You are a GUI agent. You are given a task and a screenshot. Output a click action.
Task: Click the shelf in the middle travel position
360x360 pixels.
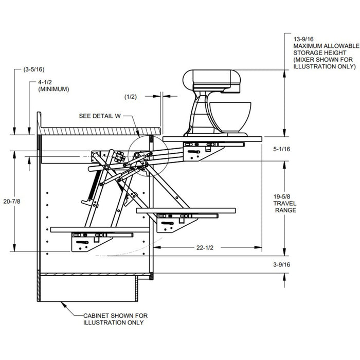pyautogui.click(x=186, y=210)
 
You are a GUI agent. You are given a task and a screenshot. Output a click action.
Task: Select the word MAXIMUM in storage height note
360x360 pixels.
pyautogui.click(x=304, y=46)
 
